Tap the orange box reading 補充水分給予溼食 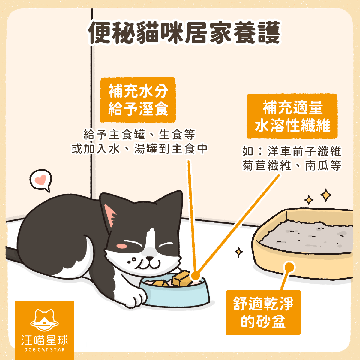pos(138,100)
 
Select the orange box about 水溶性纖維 pos(292,116)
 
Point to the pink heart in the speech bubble pos(40,180)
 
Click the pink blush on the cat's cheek pos(121,246)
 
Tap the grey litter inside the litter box pos(306,237)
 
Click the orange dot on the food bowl pos(195,275)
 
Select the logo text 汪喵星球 pos(44,340)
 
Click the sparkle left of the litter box pos(239,252)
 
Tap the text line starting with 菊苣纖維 pos(292,166)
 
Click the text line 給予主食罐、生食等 pos(139,135)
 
